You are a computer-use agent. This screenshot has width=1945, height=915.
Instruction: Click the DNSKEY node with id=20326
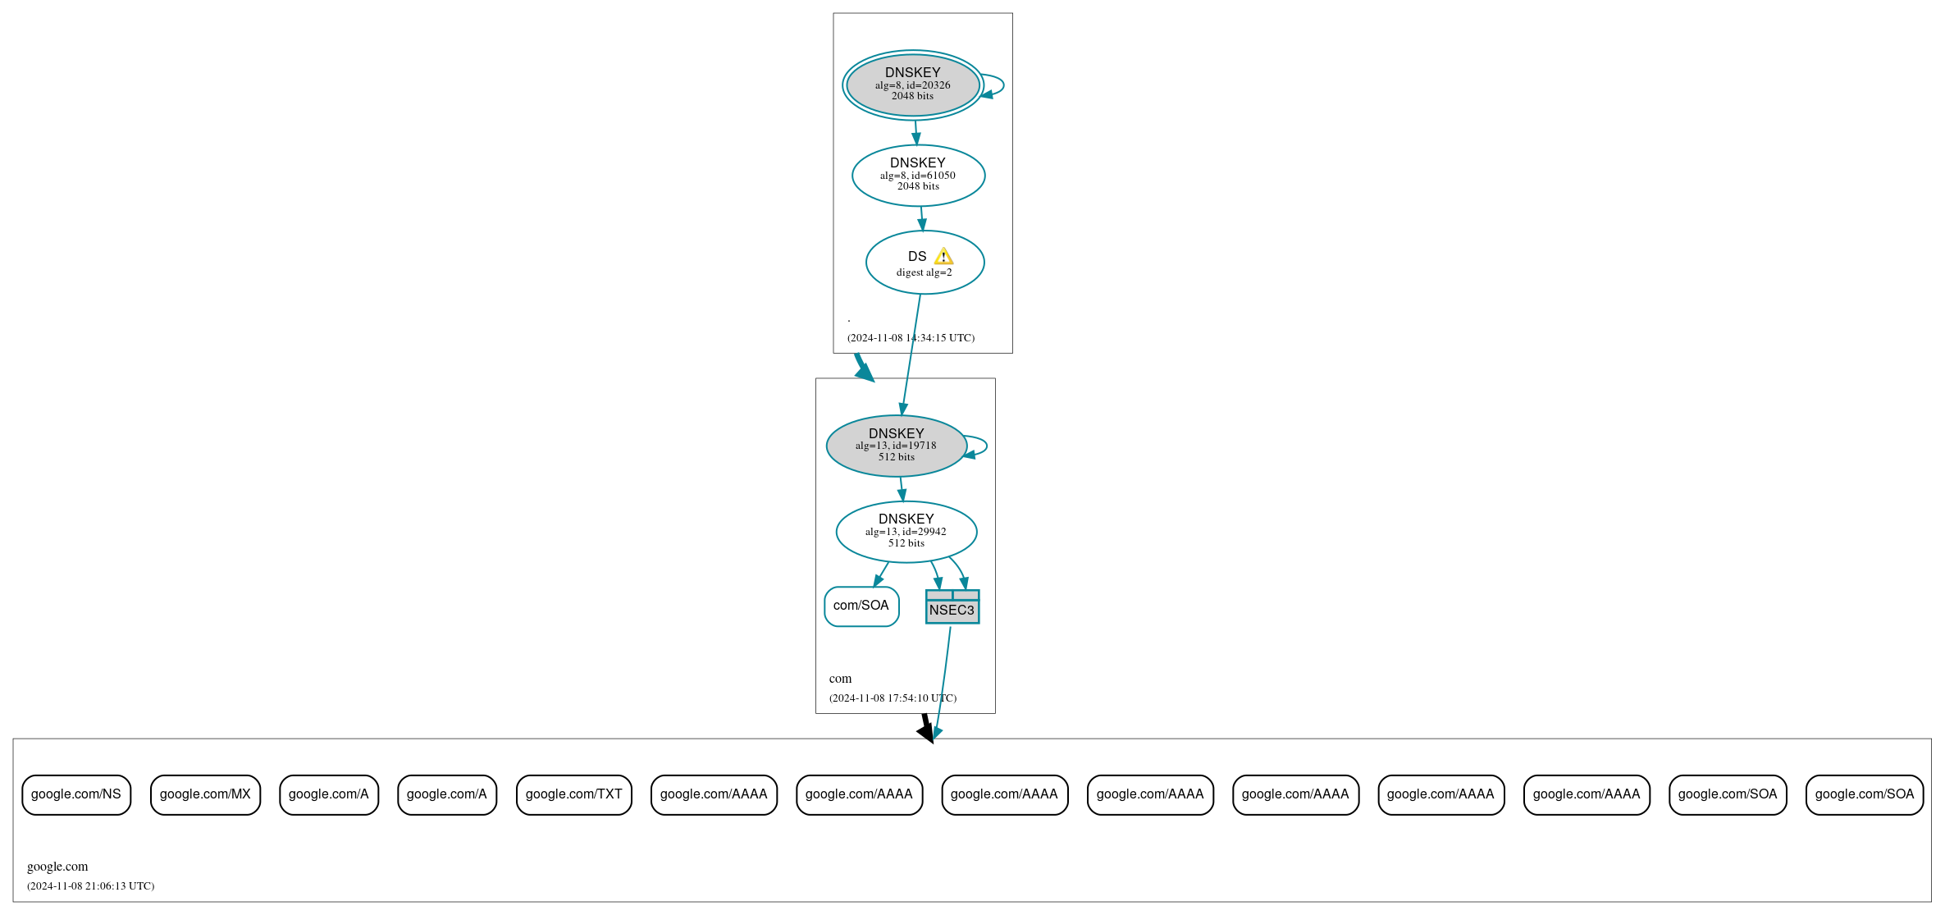(x=912, y=85)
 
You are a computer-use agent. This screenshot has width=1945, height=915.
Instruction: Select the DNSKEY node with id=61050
(x=918, y=175)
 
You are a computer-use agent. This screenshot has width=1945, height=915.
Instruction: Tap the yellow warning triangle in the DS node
(x=943, y=257)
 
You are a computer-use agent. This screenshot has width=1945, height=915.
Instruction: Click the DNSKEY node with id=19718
(x=896, y=446)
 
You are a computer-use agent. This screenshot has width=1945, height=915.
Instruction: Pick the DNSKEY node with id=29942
(x=906, y=532)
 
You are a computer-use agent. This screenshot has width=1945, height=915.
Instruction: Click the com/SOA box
(x=861, y=606)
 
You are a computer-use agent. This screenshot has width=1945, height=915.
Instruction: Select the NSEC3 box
(x=952, y=607)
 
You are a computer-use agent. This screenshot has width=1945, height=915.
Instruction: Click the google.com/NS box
(x=76, y=794)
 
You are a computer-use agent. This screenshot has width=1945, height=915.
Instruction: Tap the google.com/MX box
(x=205, y=794)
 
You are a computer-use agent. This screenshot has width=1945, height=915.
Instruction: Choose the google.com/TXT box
(x=573, y=794)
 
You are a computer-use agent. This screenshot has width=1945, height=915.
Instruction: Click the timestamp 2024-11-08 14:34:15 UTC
(x=911, y=338)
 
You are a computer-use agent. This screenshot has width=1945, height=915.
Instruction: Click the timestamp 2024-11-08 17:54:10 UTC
(x=893, y=698)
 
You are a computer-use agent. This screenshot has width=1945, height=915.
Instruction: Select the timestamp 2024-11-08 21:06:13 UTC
(x=90, y=886)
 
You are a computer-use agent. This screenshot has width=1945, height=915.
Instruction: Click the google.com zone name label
(x=57, y=867)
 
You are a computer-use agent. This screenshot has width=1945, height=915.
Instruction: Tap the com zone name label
(x=840, y=679)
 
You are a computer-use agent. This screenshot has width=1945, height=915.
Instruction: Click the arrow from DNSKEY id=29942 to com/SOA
(x=882, y=574)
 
